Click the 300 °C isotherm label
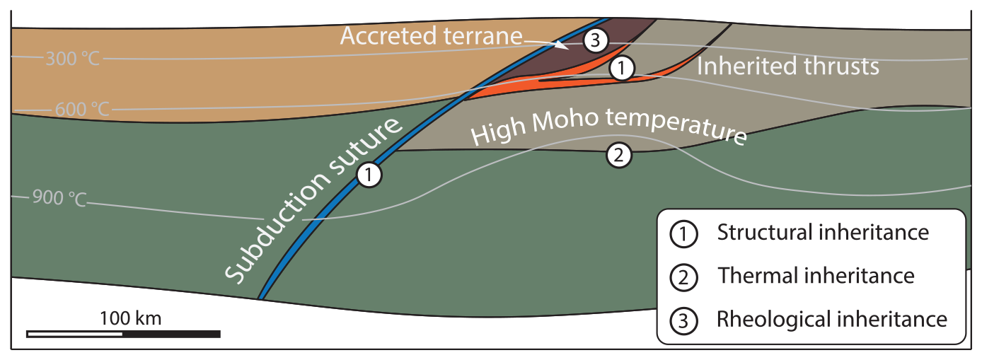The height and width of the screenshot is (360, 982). [x=73, y=58]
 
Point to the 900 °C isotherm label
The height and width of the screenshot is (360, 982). [x=59, y=198]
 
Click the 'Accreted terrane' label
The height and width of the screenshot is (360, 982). [x=431, y=37]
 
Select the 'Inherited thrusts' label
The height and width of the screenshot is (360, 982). [x=788, y=67]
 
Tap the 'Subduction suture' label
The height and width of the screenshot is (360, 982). [x=315, y=200]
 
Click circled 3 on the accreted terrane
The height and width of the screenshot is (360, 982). [x=596, y=41]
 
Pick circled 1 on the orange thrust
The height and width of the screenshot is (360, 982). [x=620, y=68]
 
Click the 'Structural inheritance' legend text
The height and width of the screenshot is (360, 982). [x=823, y=233]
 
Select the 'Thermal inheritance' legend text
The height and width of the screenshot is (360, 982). [x=816, y=275]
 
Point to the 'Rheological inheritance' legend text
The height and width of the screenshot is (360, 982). [x=831, y=319]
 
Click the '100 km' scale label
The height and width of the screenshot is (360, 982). [x=131, y=318]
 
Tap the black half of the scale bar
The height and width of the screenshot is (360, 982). [x=172, y=333]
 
